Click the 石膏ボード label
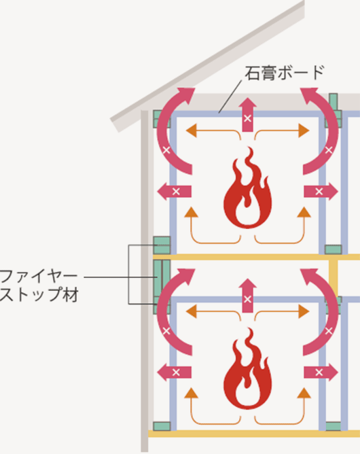[x=285, y=73]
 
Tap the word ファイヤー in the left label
[x=39, y=277]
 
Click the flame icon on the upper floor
[x=247, y=188]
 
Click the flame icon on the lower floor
[x=247, y=368]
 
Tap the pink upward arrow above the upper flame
[x=247, y=115]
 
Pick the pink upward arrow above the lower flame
[x=247, y=296]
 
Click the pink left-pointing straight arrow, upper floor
[x=174, y=192]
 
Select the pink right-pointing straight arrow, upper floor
[x=321, y=192]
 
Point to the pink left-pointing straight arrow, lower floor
[x=174, y=372]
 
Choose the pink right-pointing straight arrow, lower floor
[x=321, y=372]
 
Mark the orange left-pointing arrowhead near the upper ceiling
[x=191, y=130]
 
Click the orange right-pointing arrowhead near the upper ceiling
[x=304, y=130]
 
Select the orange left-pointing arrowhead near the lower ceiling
[x=191, y=311]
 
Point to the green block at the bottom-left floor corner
[x=162, y=426]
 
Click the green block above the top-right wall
[x=334, y=102]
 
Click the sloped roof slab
[x=207, y=66]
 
